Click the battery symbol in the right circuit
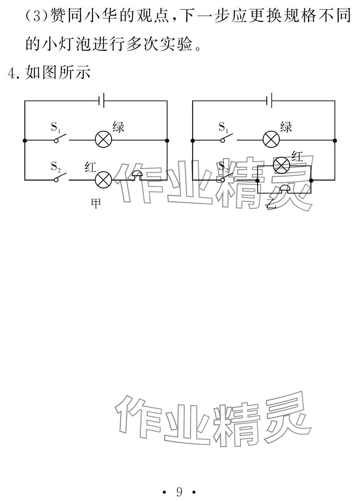(270, 101)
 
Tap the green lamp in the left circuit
(103, 140)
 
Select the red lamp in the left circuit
(103, 180)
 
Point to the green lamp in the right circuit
(271, 140)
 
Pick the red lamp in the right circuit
(281, 165)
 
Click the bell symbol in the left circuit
(137, 175)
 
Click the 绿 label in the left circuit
(118, 127)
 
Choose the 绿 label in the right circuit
(286, 127)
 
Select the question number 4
(13, 73)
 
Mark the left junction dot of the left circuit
(25, 141)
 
